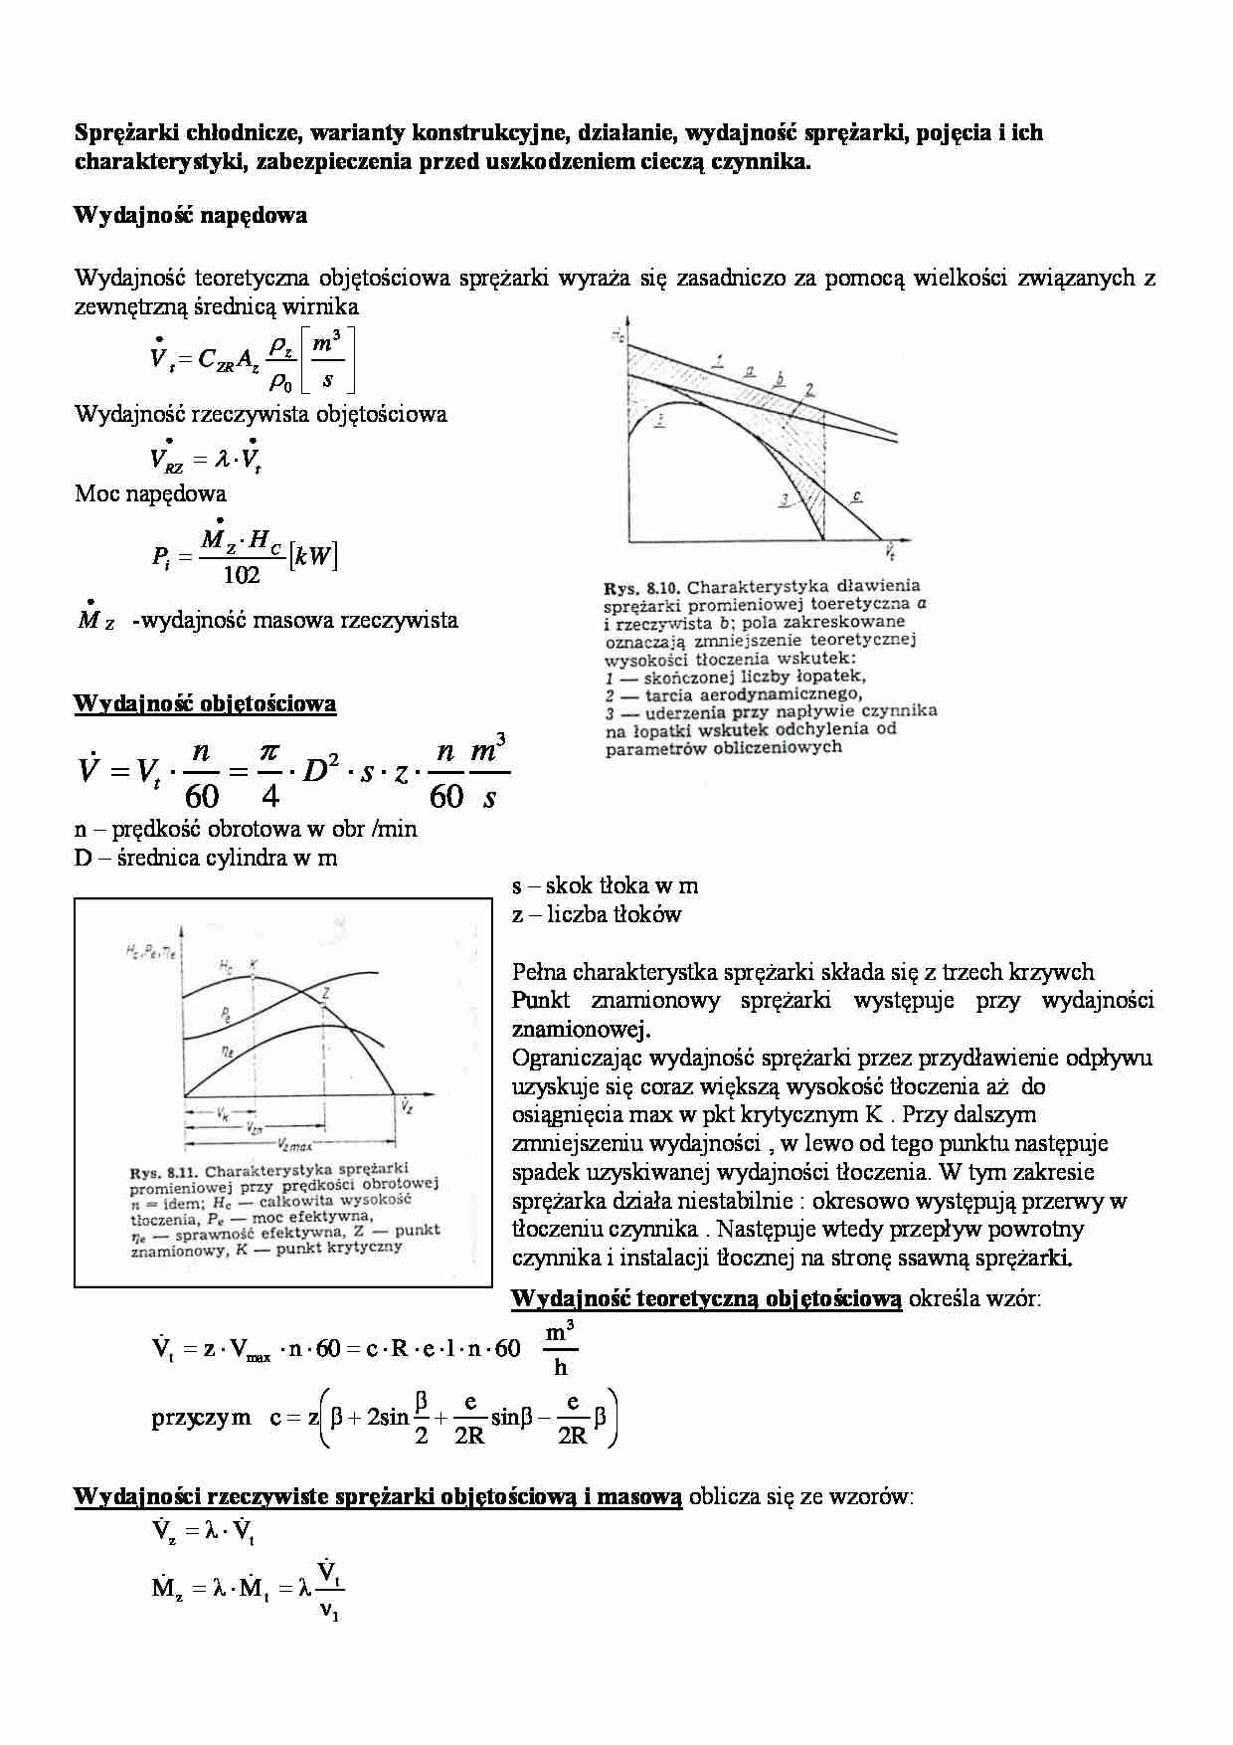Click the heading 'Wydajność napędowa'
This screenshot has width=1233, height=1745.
click(x=190, y=215)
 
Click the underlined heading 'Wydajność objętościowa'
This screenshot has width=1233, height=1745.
click(x=205, y=704)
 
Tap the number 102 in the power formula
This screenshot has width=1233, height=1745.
click(x=242, y=575)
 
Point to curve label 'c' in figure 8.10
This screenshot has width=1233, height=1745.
click(x=856, y=494)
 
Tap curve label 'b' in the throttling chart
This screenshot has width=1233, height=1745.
click(x=781, y=378)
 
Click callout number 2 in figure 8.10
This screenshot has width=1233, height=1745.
click(x=810, y=389)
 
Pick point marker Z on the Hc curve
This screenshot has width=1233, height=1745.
click(x=326, y=993)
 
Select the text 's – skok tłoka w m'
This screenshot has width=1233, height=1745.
click(x=605, y=885)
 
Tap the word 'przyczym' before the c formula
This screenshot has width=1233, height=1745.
click(x=201, y=1418)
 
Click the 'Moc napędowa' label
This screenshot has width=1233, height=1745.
click(x=150, y=493)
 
